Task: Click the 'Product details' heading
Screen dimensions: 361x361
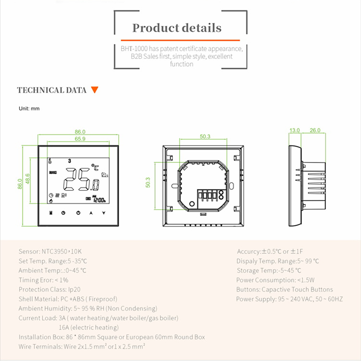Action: (x=177, y=28)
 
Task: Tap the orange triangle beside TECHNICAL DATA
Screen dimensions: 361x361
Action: (x=94, y=90)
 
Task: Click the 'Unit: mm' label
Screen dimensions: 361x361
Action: (x=29, y=108)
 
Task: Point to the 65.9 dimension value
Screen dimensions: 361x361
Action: (x=80, y=139)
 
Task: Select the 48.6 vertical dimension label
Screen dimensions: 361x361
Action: (x=27, y=179)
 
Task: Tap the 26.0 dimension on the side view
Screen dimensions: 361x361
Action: (x=315, y=130)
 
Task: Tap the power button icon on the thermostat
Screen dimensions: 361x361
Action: (x=78, y=213)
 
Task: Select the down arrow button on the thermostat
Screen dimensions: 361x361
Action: (x=104, y=213)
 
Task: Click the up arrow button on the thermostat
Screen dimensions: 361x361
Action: (x=91, y=213)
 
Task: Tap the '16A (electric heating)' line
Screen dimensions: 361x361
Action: (x=88, y=327)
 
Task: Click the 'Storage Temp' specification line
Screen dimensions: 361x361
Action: (x=269, y=270)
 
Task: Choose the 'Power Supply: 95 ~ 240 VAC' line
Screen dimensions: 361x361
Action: (x=290, y=299)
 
